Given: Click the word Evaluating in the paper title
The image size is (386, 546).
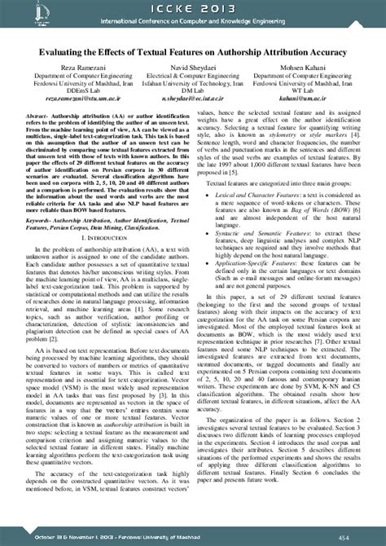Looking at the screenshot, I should click(68, 50).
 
